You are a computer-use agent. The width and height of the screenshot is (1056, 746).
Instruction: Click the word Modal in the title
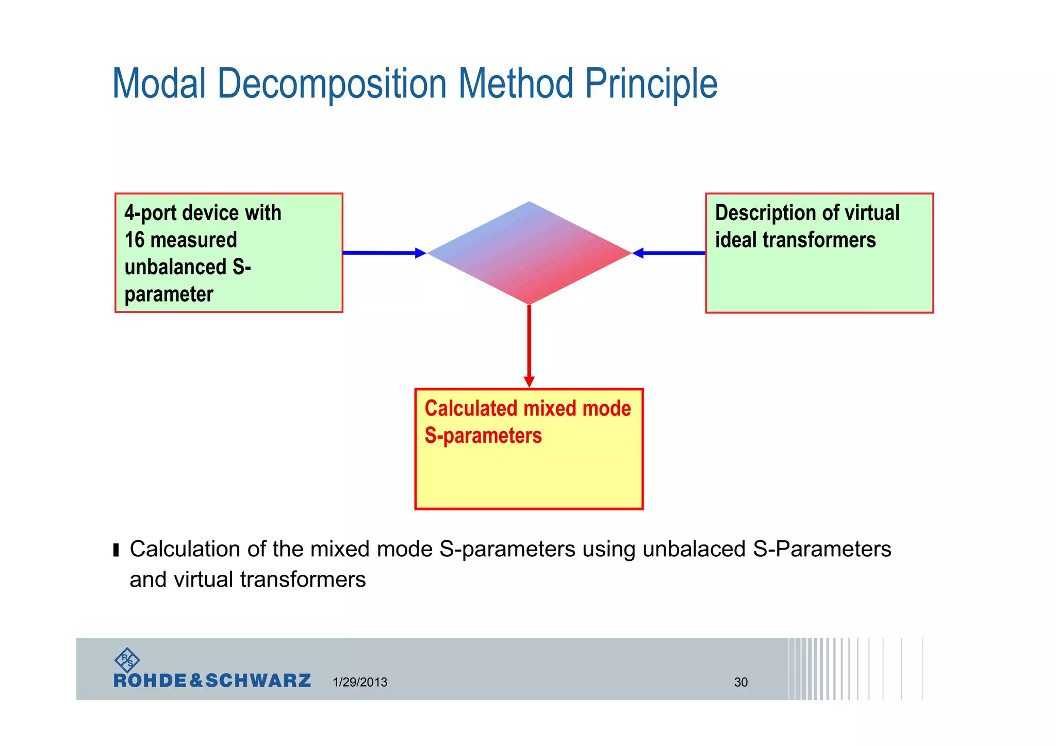coord(159,84)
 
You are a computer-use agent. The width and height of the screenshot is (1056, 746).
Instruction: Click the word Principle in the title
coord(651,84)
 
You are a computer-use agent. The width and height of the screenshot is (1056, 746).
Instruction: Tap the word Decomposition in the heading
coord(332,84)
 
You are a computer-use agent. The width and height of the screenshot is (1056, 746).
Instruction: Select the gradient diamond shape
coord(529,253)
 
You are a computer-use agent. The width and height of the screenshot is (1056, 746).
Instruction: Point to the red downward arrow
coord(529,345)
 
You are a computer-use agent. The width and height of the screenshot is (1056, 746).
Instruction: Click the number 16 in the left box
coord(134,240)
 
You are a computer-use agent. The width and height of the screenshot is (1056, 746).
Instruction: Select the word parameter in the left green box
coord(169,295)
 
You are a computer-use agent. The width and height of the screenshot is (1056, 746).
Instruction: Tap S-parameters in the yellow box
coord(483,436)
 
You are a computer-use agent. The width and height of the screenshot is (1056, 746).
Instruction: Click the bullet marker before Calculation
coord(116,550)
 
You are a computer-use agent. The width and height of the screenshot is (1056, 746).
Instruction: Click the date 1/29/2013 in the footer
coord(360,682)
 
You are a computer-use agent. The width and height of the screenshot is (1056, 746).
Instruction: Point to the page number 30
coord(740,682)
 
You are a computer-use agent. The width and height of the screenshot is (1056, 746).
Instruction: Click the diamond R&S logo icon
coord(127,660)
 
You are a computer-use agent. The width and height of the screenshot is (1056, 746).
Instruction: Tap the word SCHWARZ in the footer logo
coord(258,681)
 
